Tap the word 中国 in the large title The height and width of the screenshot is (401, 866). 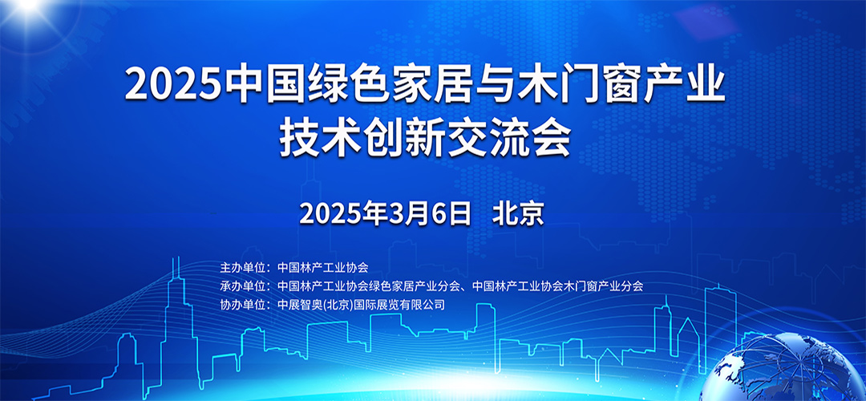tap(263, 86)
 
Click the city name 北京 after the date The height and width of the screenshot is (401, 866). tap(519, 213)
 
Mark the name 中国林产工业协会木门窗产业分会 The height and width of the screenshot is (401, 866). tap(558, 286)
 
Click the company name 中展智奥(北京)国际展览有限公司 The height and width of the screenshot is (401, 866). tap(360, 305)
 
